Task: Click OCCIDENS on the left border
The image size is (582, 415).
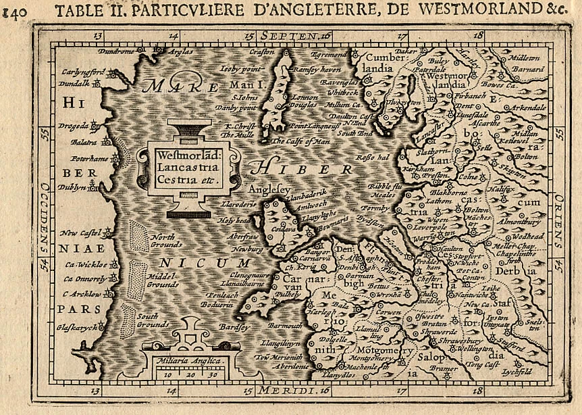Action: (x=43, y=218)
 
